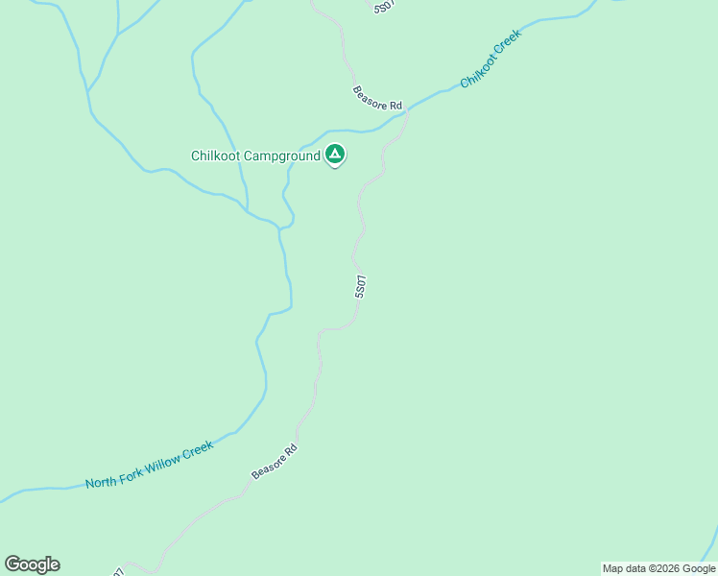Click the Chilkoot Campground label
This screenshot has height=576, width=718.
(254, 156)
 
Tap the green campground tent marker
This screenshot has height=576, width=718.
(334, 154)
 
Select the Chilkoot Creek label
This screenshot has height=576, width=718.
(491, 59)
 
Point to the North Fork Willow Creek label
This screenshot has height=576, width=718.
(149, 466)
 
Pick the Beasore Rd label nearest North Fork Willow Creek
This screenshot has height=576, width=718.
(275, 462)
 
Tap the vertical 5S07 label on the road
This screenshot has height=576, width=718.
(360, 287)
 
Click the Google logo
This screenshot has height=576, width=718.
(32, 564)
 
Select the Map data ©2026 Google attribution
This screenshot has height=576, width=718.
(658, 568)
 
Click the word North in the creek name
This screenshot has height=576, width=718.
(101, 480)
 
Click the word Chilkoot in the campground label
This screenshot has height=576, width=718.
(215, 156)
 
